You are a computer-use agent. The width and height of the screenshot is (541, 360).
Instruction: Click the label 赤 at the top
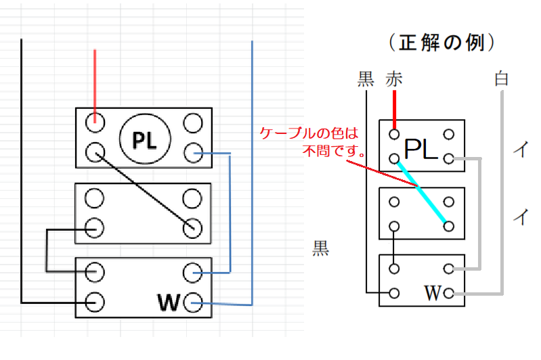[x=393, y=78]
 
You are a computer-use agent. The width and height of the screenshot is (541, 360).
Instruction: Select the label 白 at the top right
[x=502, y=78]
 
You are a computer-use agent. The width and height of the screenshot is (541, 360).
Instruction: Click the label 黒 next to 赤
[x=366, y=78]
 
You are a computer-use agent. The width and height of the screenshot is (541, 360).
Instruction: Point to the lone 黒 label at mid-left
[x=320, y=248]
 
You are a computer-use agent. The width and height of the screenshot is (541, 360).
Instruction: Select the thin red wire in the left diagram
[x=95, y=81]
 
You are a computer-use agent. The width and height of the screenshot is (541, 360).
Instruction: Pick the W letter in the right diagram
[x=433, y=294]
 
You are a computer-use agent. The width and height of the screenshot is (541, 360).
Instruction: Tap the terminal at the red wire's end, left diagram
[x=95, y=122]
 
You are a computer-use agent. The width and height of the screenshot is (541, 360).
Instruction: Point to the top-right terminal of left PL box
[x=192, y=122]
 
